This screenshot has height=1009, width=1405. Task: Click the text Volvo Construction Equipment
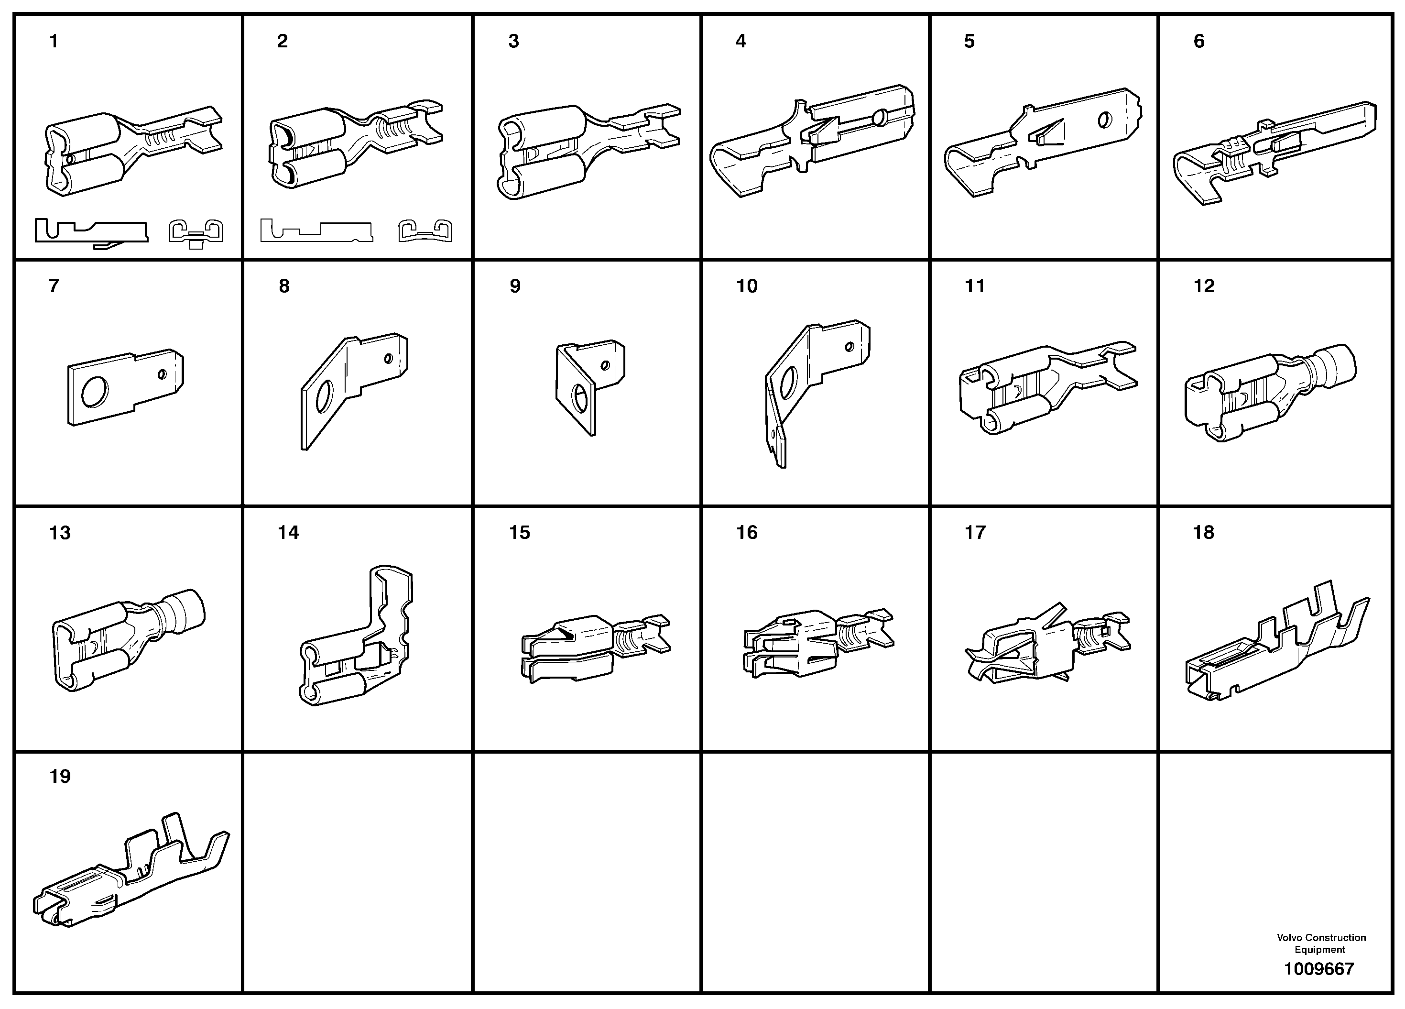[x=1321, y=943]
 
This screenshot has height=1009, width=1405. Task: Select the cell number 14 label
[x=288, y=532]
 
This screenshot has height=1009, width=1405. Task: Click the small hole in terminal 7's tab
[x=163, y=374]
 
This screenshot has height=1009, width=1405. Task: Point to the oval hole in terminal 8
[x=325, y=396]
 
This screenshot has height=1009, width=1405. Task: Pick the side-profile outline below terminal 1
[x=92, y=232]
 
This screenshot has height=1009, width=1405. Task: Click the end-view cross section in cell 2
[x=425, y=230]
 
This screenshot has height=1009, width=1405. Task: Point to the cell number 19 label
[x=60, y=777]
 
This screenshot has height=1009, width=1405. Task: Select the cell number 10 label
[x=747, y=286]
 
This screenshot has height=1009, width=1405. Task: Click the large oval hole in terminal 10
[x=789, y=383]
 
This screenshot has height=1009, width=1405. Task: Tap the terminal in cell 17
[x=1047, y=645]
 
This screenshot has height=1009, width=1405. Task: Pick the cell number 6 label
[x=1198, y=42]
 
